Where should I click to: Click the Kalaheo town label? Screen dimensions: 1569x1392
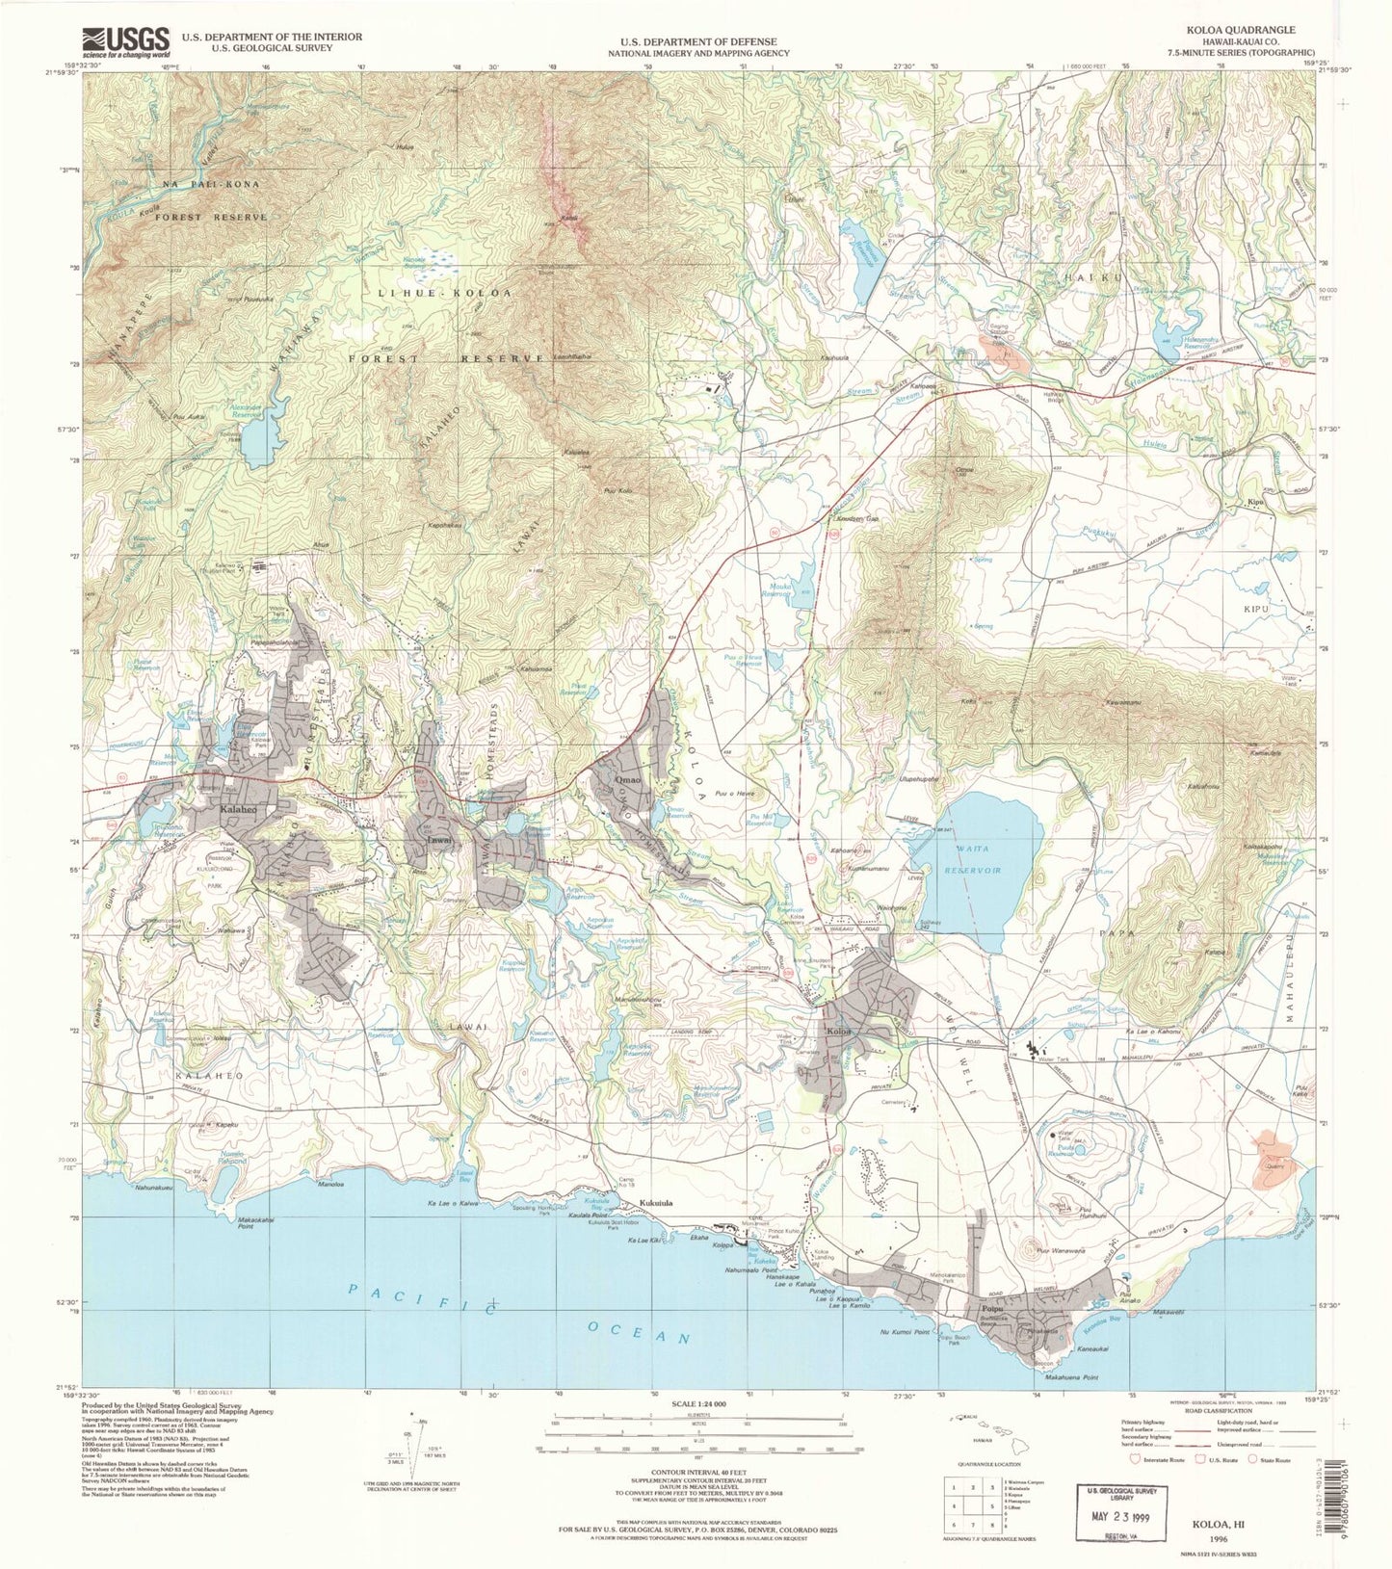point(238,810)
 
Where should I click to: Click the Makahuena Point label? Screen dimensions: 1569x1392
point(1067,1378)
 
